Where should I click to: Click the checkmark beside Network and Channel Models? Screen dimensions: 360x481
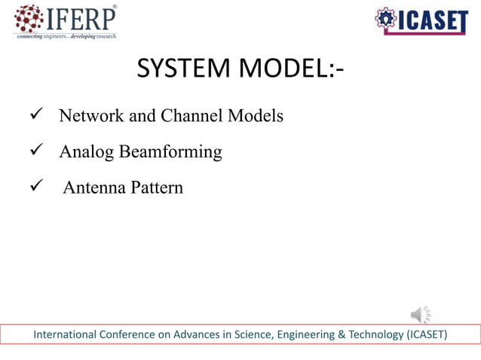click(35, 115)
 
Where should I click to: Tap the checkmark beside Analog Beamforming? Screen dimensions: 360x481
click(35, 151)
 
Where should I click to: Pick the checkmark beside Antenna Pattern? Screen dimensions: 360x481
click(35, 187)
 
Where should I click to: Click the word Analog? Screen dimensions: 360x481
click(86, 152)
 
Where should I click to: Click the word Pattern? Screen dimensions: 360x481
click(156, 188)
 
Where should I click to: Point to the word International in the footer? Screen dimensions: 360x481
click(66, 334)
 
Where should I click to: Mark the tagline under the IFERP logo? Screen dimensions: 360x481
click(66, 36)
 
